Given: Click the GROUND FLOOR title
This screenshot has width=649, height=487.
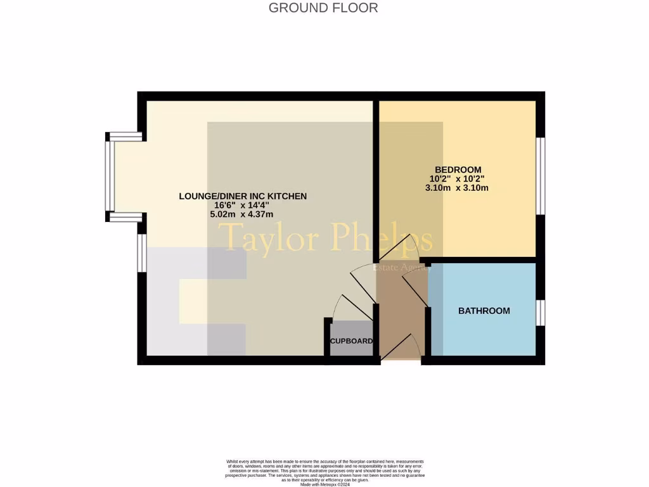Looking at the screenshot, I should point(323,8).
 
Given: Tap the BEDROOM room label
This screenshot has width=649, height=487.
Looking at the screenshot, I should point(459,169).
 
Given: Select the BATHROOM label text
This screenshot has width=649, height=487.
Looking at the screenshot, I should point(484,311).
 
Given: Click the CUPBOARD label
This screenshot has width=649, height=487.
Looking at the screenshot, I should point(350,341).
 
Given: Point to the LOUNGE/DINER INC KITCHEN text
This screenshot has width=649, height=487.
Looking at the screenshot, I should point(243,197).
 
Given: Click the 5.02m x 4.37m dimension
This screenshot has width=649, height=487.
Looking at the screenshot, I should point(243,214).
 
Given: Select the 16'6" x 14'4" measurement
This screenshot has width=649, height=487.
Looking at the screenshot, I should point(243,205).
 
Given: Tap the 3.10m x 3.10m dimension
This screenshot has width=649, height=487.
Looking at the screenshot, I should point(459,188).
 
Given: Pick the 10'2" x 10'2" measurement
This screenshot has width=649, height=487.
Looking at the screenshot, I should point(459,179).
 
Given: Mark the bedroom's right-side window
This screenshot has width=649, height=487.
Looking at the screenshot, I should point(540,176).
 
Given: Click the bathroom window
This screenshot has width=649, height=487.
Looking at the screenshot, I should point(540,313).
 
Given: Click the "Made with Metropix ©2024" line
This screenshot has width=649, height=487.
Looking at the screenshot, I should point(325,484).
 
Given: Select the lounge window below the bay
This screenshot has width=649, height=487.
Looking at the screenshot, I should point(142,253).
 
